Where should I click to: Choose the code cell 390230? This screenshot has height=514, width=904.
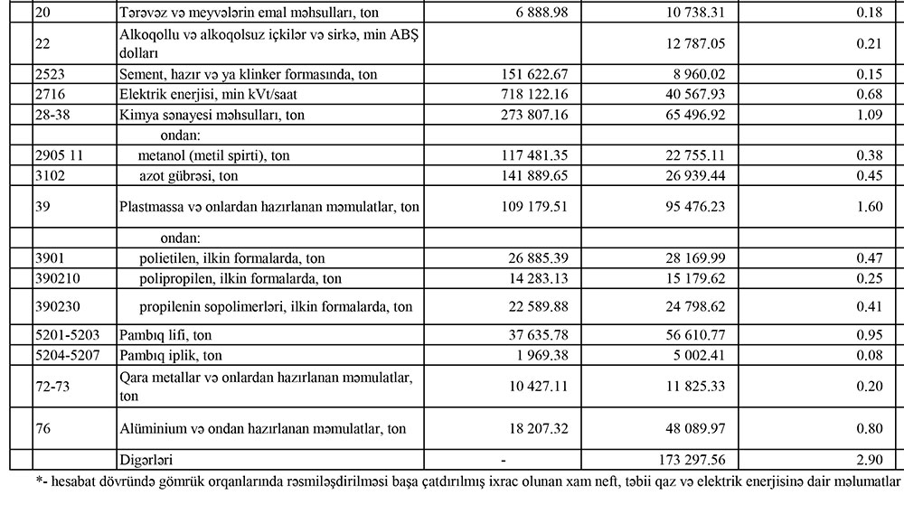pyautogui.click(x=56, y=306)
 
